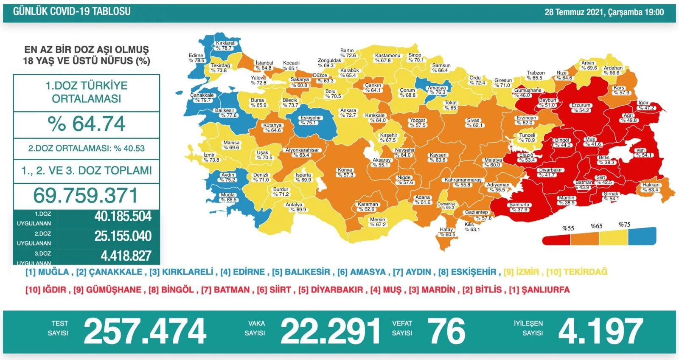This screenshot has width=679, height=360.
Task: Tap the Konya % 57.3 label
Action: [345, 172]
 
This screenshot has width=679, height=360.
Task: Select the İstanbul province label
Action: [264, 65]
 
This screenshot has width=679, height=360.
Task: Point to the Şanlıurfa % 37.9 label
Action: [519, 207]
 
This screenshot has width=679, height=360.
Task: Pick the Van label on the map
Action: [640, 152]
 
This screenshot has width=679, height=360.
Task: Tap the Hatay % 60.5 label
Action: [447, 232]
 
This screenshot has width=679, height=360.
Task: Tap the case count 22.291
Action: [330, 332]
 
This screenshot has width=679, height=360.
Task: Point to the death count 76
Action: [446, 332]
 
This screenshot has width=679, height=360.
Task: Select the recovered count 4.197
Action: [600, 332]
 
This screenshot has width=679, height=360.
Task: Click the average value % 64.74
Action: [87, 124]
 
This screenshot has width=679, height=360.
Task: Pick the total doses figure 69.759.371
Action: [86, 196]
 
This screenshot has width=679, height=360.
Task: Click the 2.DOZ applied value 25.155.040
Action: [123, 236]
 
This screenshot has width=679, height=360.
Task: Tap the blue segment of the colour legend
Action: [642, 236]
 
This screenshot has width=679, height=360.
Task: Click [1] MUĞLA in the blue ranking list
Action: [47, 272]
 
